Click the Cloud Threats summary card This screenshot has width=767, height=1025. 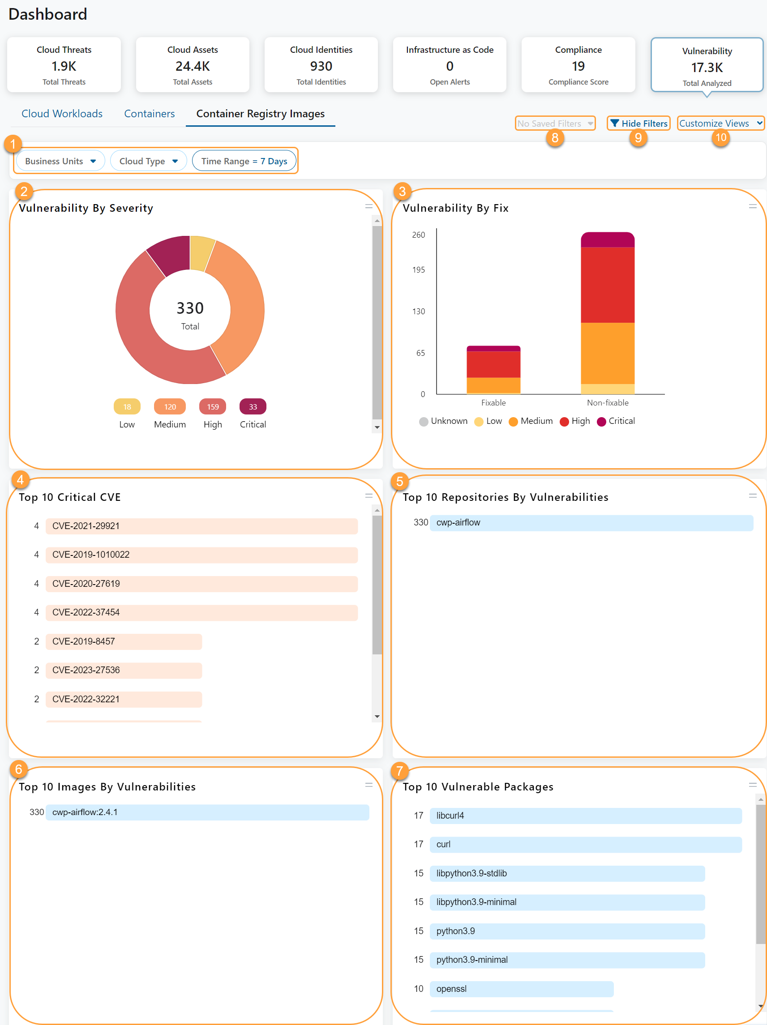click(64, 65)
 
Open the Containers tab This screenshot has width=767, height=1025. click(149, 114)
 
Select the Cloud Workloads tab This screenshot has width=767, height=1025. click(62, 114)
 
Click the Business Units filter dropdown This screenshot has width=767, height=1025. click(60, 161)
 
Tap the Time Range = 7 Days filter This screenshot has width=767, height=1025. click(244, 161)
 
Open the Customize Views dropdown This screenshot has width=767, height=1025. click(720, 123)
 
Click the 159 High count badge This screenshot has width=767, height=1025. click(213, 407)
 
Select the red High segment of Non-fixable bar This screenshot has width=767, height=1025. click(607, 285)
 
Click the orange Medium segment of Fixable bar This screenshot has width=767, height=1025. click(493, 385)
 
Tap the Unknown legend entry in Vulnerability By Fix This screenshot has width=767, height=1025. click(443, 421)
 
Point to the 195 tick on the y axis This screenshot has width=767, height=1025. click(419, 270)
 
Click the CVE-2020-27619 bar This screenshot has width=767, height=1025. click(201, 584)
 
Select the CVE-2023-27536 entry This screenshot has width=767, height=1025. click(123, 670)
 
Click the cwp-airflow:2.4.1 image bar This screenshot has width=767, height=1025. click(207, 812)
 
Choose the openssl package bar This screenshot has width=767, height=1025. click(521, 989)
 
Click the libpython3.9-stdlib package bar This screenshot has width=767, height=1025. click(567, 873)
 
